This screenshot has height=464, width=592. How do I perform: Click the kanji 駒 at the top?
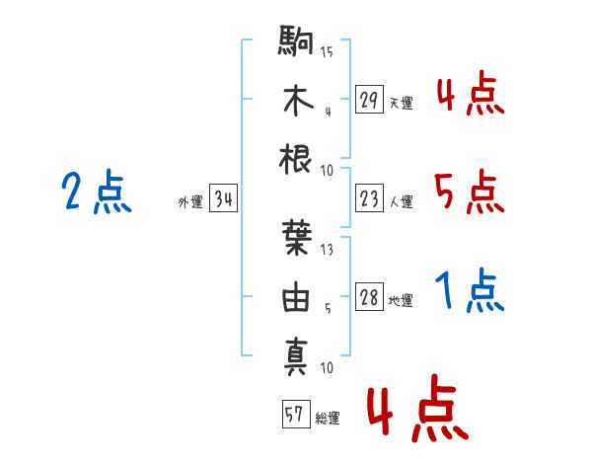(296, 40)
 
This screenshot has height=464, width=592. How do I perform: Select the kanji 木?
(298, 101)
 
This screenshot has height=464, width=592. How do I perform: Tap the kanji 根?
(295, 159)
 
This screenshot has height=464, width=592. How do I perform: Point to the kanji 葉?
(297, 238)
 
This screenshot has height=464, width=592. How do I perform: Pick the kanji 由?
(296, 296)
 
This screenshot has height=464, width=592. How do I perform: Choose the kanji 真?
(296, 356)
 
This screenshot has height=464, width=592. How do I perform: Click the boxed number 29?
(369, 100)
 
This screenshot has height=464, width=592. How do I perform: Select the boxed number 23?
(369, 198)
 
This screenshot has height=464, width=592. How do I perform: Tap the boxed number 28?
(369, 296)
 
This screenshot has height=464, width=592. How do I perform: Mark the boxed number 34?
(223, 198)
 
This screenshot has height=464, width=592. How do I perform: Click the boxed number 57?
(296, 414)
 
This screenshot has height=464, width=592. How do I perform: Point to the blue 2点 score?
(97, 191)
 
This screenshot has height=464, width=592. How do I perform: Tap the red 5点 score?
(470, 192)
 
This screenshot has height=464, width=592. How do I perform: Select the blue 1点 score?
(470, 290)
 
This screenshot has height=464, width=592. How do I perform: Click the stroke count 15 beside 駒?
(327, 51)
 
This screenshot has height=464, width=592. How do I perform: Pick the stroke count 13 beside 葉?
(327, 250)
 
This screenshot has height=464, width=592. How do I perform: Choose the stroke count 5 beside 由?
(328, 309)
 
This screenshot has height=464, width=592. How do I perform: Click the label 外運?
(190, 202)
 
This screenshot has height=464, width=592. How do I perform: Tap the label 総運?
(328, 419)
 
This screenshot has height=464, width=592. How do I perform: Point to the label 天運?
(402, 103)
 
